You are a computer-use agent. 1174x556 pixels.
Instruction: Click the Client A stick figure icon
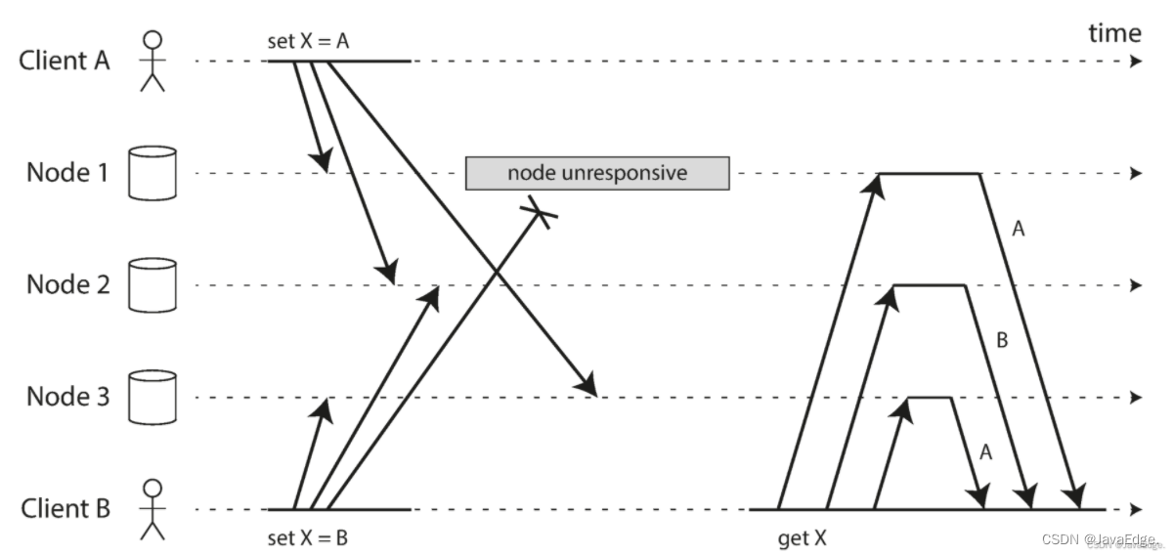coord(152,62)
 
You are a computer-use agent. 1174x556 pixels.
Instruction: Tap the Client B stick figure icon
coord(152,509)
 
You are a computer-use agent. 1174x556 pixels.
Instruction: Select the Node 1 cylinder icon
coord(152,174)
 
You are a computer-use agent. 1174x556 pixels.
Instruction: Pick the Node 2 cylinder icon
coord(152,285)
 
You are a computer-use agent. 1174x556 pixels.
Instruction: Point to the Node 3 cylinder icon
coord(152,397)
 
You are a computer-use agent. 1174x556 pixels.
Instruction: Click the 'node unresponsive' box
coord(597,173)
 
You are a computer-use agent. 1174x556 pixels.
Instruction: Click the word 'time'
coord(1114,34)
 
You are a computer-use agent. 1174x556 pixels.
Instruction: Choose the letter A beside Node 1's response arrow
coord(1018,230)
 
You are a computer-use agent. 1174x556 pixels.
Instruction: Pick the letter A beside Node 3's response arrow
coord(984,451)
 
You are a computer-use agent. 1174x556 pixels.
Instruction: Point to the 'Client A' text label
coord(65,61)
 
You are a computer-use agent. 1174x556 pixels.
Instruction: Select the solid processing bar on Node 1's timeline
coord(929,174)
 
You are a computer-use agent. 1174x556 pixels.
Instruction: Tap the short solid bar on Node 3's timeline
coord(930,397)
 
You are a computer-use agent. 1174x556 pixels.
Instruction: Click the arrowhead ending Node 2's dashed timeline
coord(1136,285)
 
